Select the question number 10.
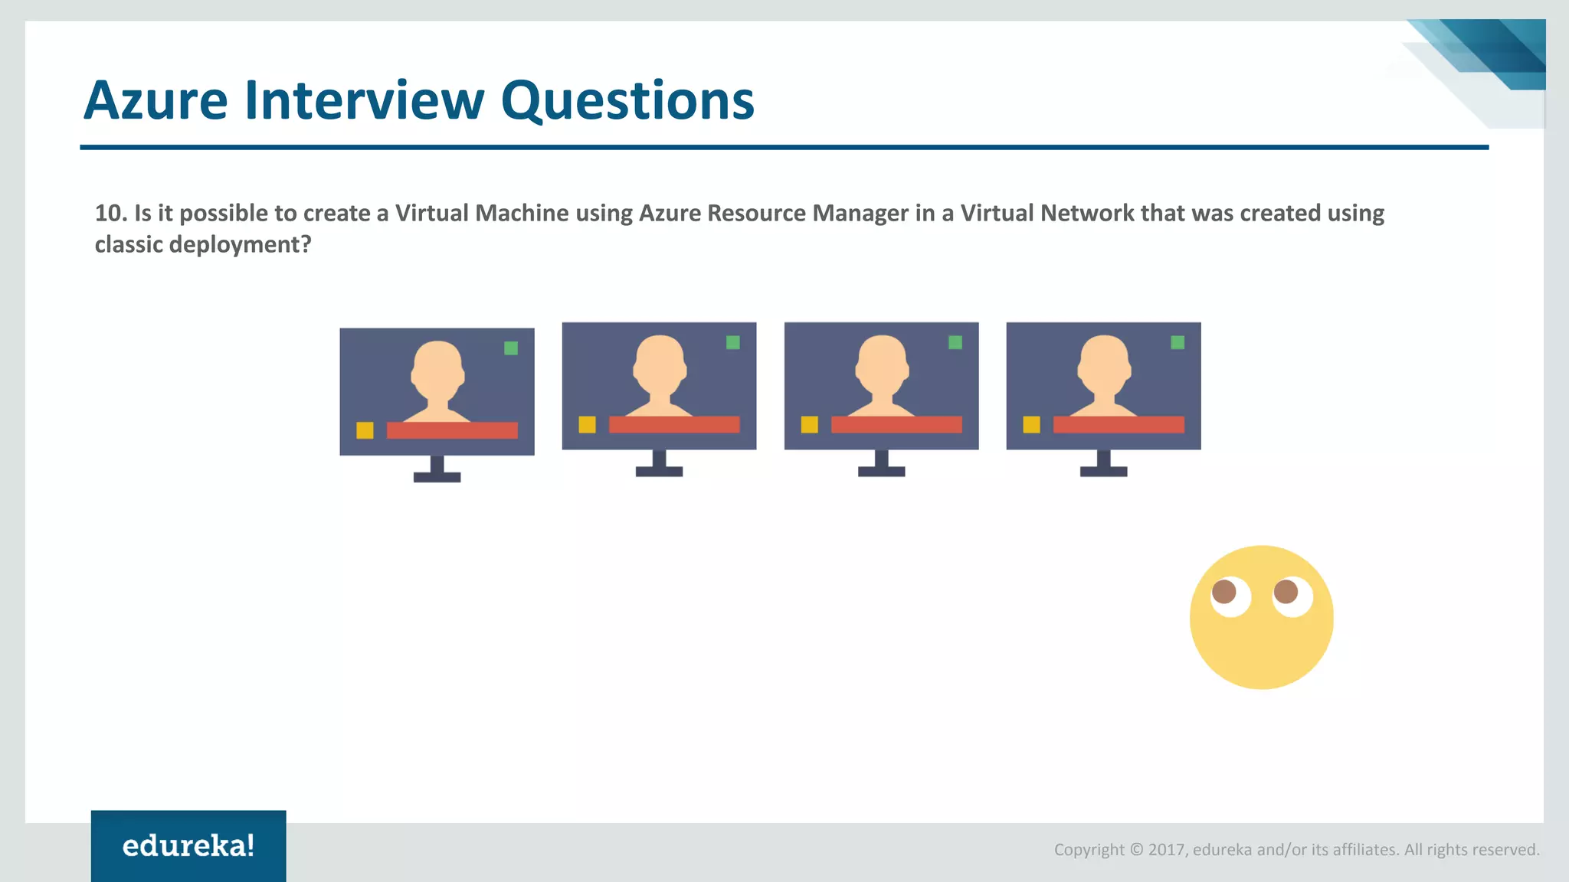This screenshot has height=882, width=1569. pyautogui.click(x=110, y=213)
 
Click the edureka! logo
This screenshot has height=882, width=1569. pyautogui.click(x=188, y=845)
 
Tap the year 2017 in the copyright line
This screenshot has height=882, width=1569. pyautogui.click(x=1167, y=850)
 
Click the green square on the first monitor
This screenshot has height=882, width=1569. pyautogui.click(x=511, y=348)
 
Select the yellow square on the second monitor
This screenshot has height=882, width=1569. pyautogui.click(x=587, y=424)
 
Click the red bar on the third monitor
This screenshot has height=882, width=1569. pyautogui.click(x=896, y=424)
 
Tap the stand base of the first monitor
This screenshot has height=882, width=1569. pyautogui.click(x=437, y=477)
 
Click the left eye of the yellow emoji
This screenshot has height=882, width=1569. pyautogui.click(x=1230, y=596)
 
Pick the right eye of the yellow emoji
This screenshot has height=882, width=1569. pyautogui.click(x=1292, y=595)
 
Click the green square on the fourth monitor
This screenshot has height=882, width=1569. pyautogui.click(x=1178, y=342)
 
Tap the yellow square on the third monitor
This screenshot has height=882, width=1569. pyautogui.click(x=809, y=424)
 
